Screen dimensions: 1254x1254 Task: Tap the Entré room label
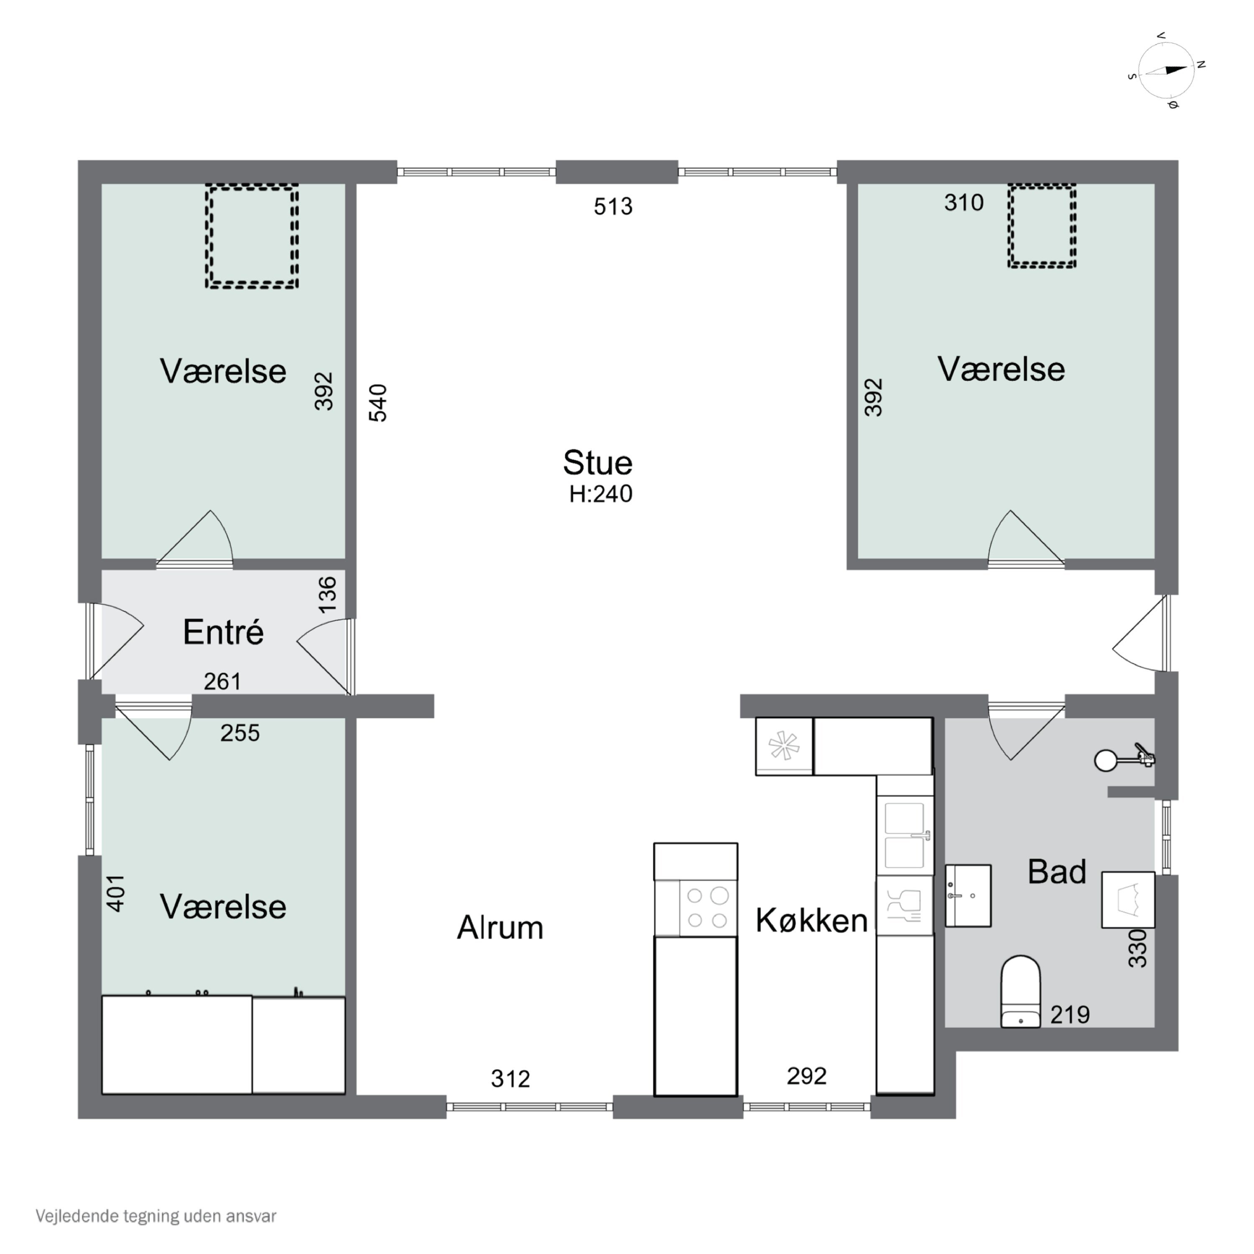tap(223, 632)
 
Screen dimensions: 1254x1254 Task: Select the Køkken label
tap(811, 920)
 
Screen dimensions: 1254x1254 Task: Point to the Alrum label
tap(500, 928)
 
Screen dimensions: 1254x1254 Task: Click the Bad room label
tap(1057, 872)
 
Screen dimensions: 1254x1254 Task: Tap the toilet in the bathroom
tap(1021, 991)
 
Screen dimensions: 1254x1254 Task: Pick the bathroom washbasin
tap(968, 895)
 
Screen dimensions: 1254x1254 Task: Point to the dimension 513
tap(613, 206)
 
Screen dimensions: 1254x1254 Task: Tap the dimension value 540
tap(378, 403)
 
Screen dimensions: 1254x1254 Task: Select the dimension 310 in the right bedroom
tap(964, 202)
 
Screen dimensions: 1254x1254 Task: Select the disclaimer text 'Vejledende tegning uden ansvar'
tap(156, 1216)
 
